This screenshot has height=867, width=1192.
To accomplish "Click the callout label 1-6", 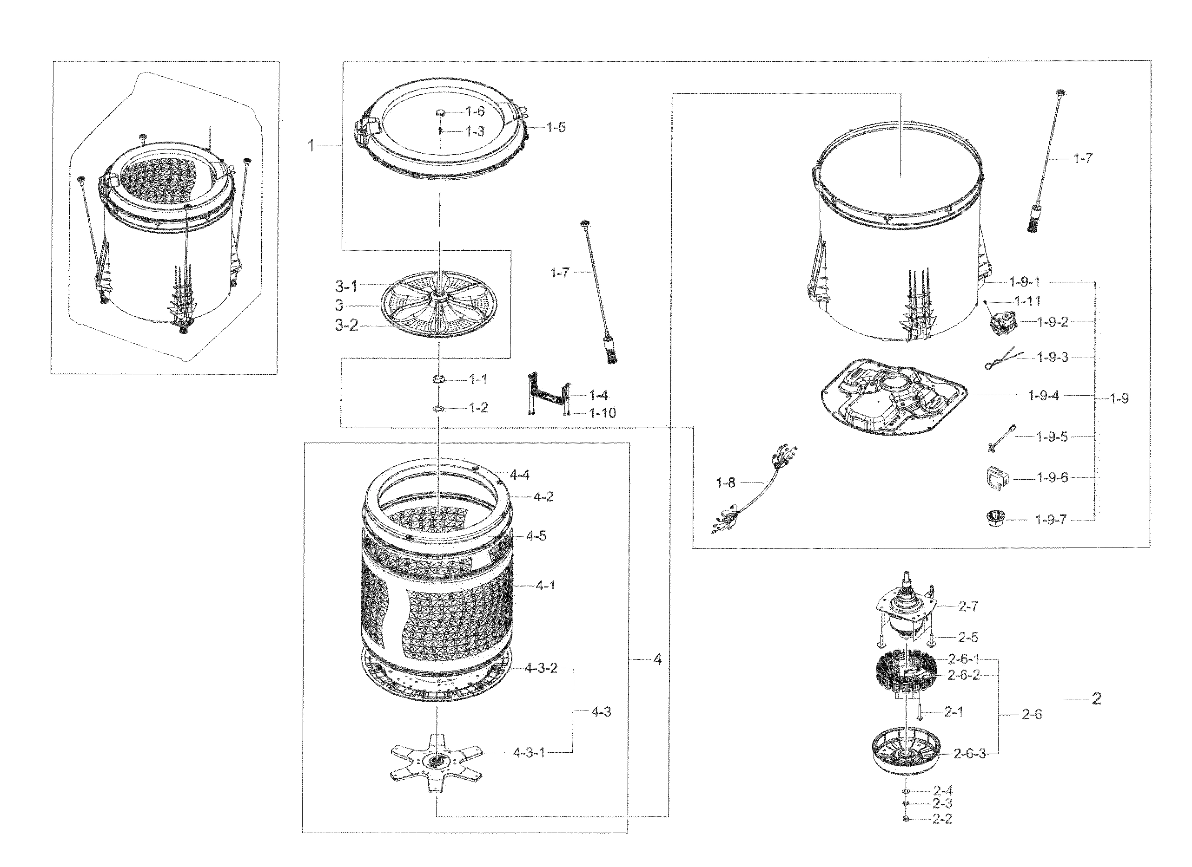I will (475, 111).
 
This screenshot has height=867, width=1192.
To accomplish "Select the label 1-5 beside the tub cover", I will (556, 127).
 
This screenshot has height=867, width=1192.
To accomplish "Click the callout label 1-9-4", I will (1043, 396).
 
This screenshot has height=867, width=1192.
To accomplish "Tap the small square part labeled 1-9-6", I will (995, 478).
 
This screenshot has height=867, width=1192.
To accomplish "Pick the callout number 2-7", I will (968, 606).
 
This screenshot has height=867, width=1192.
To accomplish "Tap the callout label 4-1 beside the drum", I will (545, 585).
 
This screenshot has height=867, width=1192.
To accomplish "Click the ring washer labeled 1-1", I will (439, 379).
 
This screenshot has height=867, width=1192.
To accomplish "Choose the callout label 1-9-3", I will (1053, 358).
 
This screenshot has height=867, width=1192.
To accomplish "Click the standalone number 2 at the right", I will (1096, 698).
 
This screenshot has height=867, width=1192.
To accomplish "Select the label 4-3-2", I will (541, 669).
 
